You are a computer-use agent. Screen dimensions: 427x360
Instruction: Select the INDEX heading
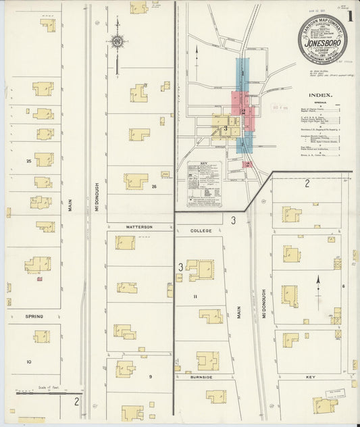point(319,95)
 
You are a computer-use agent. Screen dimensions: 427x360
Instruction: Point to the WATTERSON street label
point(138,227)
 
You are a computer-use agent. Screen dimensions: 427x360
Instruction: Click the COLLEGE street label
point(201,230)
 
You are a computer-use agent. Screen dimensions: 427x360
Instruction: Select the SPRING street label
point(34,316)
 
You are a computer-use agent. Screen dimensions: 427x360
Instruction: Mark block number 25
point(28,161)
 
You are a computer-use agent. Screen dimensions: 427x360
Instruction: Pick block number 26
point(154,186)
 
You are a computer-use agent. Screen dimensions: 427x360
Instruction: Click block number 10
point(28,362)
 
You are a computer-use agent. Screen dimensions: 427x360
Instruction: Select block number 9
point(151,376)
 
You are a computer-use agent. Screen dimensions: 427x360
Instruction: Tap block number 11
point(195,297)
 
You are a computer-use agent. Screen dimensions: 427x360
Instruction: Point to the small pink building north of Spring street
point(39,278)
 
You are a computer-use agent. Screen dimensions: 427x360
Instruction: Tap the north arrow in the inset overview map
point(197,55)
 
